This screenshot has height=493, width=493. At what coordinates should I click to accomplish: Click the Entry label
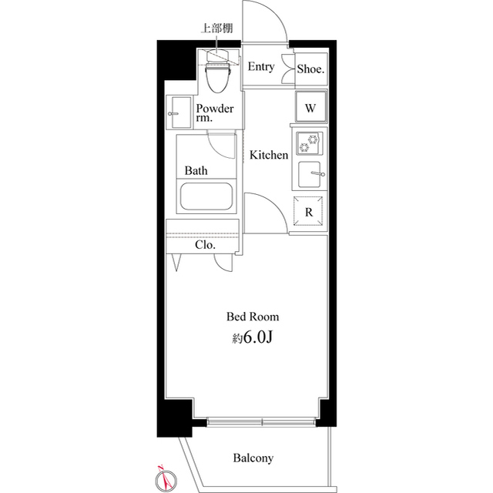(260, 67)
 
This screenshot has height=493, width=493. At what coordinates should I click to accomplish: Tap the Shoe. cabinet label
(310, 68)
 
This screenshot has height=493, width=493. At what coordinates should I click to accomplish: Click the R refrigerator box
(308, 212)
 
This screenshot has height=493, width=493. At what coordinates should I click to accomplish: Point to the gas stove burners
(309, 143)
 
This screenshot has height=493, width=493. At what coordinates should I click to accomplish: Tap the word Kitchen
(269, 155)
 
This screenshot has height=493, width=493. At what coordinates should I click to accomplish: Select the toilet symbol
(219, 75)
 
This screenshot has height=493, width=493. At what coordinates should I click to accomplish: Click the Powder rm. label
(214, 114)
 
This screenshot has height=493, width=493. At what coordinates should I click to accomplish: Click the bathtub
(206, 196)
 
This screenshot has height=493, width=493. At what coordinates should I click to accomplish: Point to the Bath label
(194, 170)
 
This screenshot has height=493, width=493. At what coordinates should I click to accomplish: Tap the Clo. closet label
(204, 246)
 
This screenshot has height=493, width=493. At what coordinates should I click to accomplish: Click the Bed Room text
(252, 317)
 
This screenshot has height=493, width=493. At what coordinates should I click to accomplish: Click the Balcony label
(253, 458)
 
